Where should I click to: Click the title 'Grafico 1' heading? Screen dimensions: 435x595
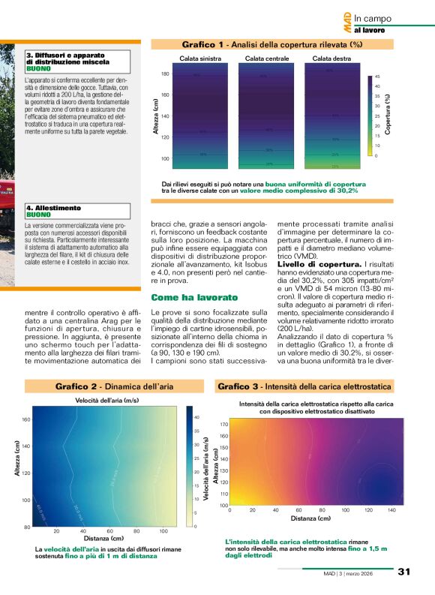tap(205, 45)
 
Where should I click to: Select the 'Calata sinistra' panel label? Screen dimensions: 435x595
tap(200, 58)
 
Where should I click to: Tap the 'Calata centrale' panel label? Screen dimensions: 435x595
tap(267, 58)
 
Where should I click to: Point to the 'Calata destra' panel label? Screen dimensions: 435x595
tap(331, 58)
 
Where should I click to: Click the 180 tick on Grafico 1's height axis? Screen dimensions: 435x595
tap(165, 74)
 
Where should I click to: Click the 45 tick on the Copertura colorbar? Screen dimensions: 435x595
tap(377, 77)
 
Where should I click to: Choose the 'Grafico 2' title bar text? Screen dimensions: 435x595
tap(76, 386)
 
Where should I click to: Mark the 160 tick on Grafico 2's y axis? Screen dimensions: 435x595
tap(25, 419)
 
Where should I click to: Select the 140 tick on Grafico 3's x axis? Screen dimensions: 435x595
tap(391, 510)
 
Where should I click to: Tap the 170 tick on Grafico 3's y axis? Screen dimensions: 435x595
tap(223, 424)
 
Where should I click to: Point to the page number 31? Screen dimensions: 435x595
tap(404, 572)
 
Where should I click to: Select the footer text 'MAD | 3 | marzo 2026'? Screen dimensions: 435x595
tap(364, 573)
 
